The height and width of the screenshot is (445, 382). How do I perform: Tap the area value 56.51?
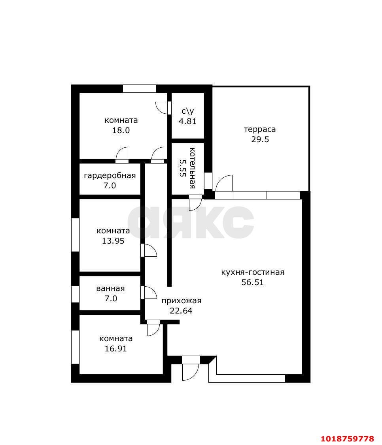252,282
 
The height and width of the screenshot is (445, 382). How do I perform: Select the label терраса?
260,130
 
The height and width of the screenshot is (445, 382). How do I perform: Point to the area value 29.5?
260,139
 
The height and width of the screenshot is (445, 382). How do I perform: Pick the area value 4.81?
187,121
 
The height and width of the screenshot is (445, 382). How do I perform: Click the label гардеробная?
110,176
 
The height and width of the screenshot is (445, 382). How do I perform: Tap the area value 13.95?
113,241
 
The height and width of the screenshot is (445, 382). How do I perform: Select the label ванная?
111,289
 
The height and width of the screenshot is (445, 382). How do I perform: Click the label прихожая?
182,301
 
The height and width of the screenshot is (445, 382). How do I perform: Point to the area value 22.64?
181,311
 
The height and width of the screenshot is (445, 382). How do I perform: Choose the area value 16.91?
116,349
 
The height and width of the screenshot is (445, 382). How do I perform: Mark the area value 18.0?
121,130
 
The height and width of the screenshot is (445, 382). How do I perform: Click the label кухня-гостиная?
253,272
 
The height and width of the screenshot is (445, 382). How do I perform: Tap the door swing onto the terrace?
224,183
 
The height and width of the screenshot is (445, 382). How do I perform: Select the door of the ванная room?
149,292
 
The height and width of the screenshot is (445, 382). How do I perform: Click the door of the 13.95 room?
149,250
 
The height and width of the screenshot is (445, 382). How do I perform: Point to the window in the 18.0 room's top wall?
140,88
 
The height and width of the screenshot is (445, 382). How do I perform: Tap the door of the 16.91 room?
154,328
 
